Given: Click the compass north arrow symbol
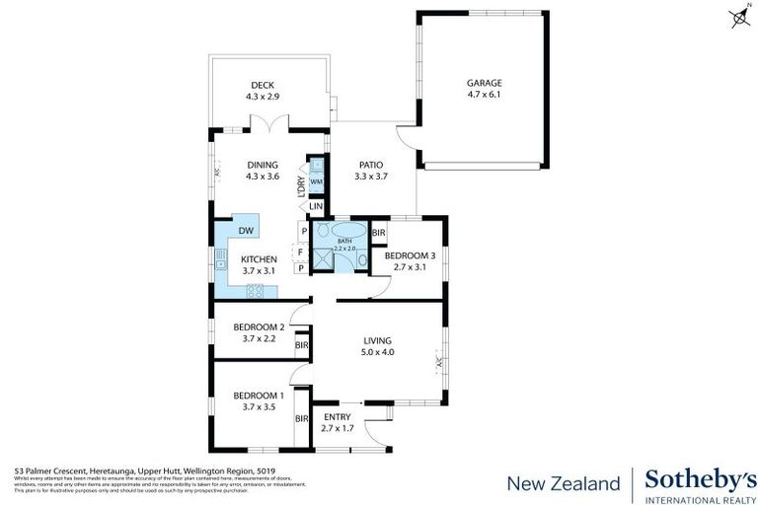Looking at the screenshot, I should point(738,16).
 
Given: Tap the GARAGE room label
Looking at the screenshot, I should point(484,83).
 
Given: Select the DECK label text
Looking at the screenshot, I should point(262,85).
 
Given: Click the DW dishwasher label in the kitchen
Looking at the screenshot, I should point(245,231).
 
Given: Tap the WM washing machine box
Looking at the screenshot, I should point(316,181).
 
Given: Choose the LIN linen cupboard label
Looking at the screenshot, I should point(316,206).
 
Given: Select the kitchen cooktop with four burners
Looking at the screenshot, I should point(255,290).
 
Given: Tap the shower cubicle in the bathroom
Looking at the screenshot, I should point(322,257).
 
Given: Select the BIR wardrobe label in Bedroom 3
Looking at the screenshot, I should point(379,234).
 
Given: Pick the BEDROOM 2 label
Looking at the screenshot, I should point(258,326).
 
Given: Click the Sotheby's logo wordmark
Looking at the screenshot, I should point(693,479).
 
